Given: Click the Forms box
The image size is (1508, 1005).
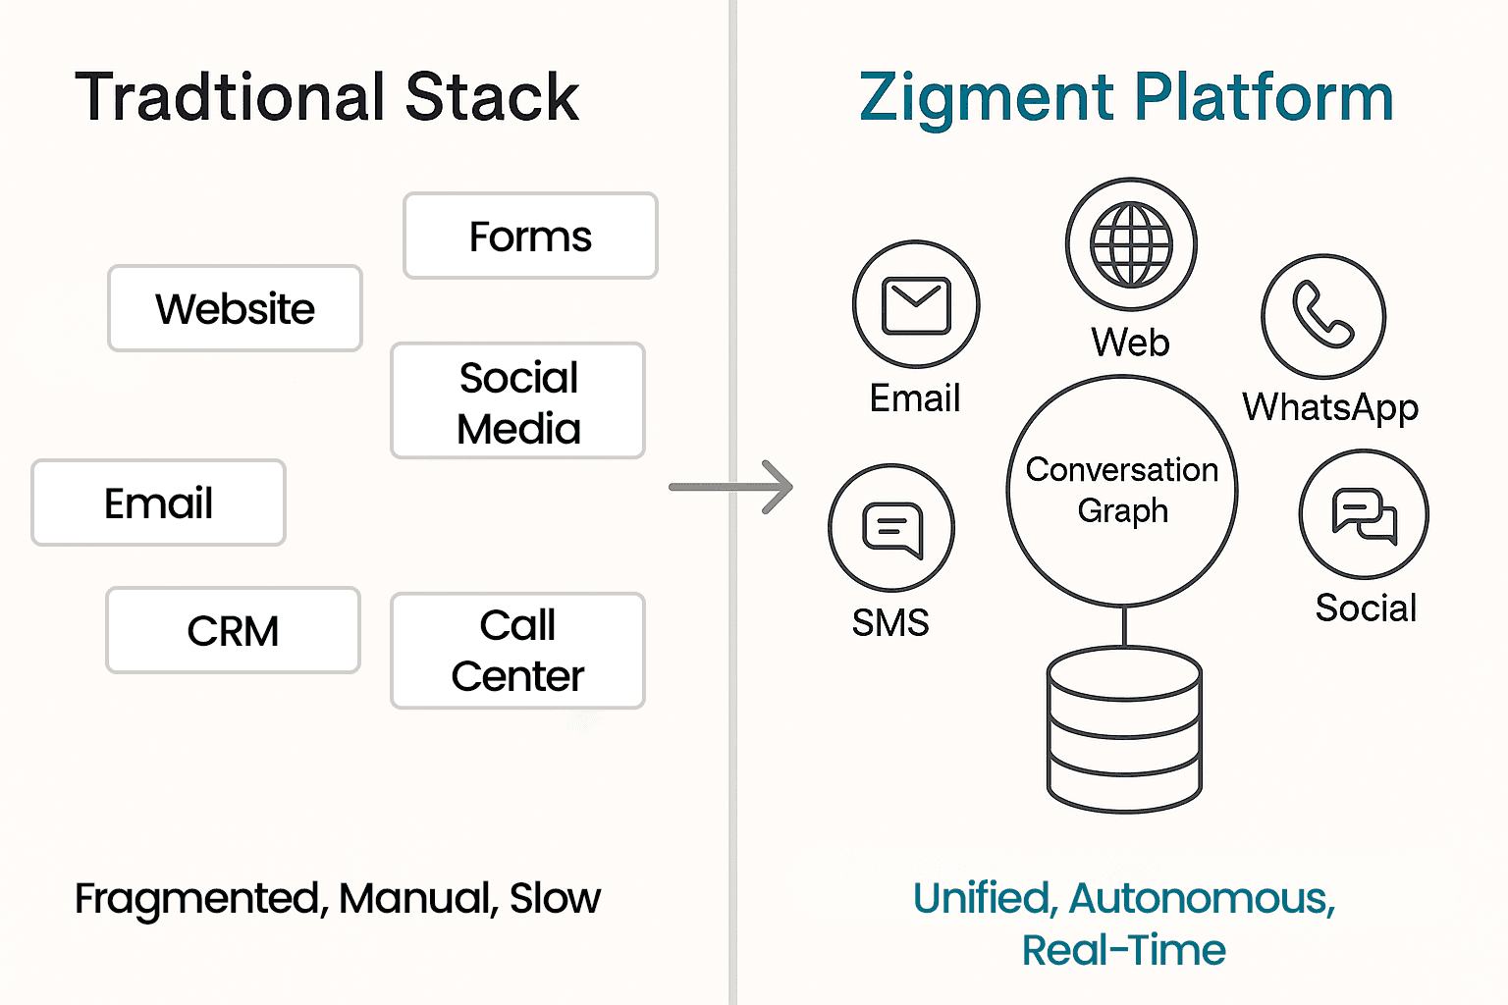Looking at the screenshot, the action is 530,236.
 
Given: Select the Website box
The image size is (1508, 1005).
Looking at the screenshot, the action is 235,308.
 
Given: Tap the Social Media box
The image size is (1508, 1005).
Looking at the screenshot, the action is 517,401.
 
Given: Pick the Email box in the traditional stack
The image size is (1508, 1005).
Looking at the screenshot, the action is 158,502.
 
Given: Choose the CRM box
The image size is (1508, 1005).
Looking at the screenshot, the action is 233,631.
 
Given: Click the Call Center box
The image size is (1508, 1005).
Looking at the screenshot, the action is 517,651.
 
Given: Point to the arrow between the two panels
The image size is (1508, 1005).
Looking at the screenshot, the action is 730,487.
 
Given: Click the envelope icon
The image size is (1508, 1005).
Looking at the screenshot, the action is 916,305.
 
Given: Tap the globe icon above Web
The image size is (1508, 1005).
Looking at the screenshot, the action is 1132,244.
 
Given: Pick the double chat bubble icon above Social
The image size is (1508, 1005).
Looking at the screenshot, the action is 1364,515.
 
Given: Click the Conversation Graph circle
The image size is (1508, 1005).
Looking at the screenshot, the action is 1122,490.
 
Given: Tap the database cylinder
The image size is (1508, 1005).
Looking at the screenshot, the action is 1124,729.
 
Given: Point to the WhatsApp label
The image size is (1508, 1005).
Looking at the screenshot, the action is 1330,408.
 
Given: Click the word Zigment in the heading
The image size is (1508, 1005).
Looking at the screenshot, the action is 987,98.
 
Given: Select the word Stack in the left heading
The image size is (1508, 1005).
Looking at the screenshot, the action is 492,97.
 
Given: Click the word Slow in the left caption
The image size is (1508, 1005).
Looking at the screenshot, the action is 555,898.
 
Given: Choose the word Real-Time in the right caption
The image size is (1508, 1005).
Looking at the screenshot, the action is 1123,950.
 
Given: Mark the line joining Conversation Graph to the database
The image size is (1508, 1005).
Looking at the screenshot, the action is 1124,626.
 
